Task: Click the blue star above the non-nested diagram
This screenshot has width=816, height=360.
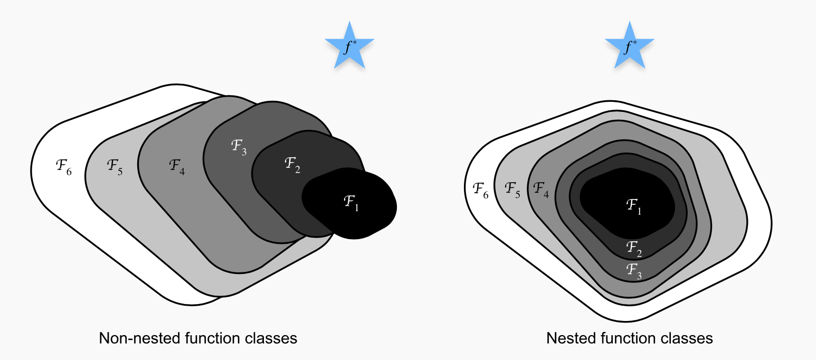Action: click(x=349, y=47)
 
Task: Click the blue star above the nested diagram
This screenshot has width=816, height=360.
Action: click(x=629, y=47)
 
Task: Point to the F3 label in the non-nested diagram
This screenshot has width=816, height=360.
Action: click(x=239, y=147)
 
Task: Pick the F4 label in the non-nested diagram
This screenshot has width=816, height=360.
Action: click(x=177, y=166)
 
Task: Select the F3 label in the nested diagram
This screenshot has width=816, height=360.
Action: click(x=634, y=270)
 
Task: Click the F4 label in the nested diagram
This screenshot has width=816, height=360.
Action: click(x=541, y=188)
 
